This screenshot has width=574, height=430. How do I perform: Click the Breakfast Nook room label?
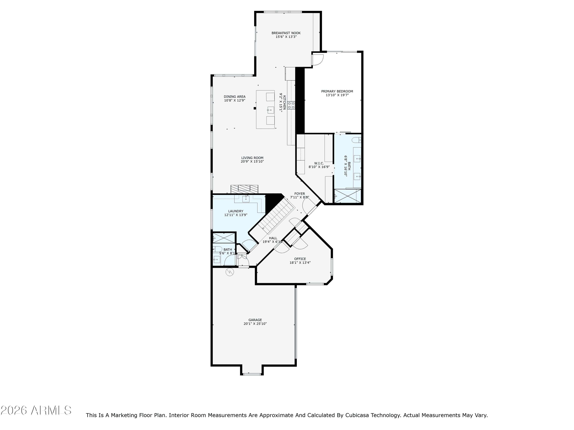[x=286, y=33]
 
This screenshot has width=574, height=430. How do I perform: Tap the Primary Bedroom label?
[x=337, y=91]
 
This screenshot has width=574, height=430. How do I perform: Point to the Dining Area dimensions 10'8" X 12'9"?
[x=235, y=100]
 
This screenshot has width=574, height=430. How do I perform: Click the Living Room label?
[x=252, y=158]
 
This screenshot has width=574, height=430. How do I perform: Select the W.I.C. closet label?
[x=319, y=163]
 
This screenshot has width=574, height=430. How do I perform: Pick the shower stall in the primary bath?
[x=347, y=196]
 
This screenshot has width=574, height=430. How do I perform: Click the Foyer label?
[x=299, y=194]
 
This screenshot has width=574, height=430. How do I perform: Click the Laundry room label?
[x=236, y=211]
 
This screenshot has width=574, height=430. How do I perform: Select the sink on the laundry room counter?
[x=246, y=199]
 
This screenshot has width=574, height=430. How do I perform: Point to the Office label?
[x=300, y=259]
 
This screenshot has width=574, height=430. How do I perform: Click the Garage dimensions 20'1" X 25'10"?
[x=255, y=324]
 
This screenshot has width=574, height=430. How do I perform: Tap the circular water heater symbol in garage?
[x=230, y=272]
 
